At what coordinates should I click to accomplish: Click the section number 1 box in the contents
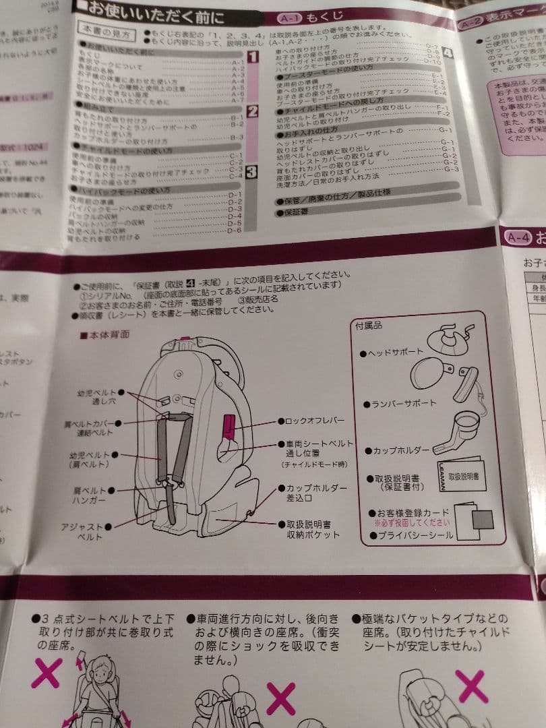(x=252, y=57)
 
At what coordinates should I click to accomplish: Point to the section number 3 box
(x=251, y=173)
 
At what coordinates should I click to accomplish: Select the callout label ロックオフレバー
(x=314, y=421)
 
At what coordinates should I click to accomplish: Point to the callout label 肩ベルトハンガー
(x=89, y=495)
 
